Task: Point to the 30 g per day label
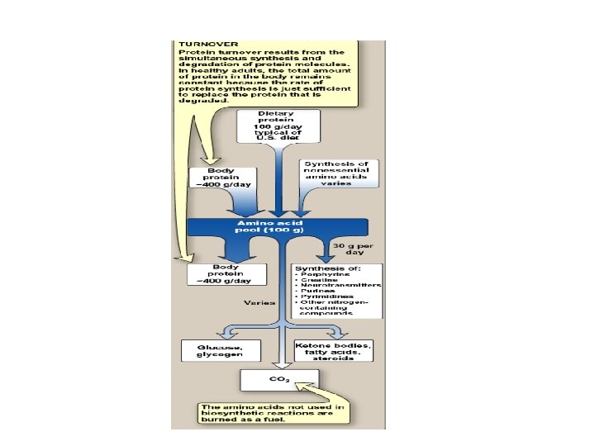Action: (x=351, y=249)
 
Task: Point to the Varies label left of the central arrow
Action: (x=254, y=303)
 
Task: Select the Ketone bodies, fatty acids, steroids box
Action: (x=334, y=349)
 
